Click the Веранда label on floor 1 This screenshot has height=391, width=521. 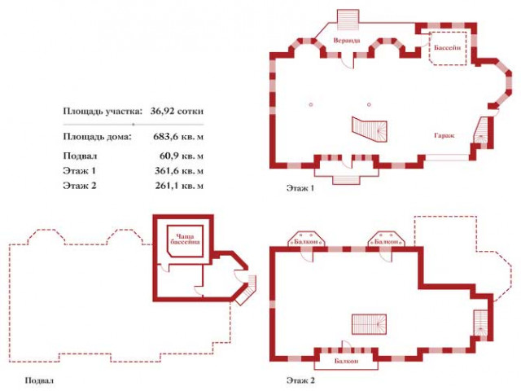(347, 41)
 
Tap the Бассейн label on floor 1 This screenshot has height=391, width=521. (448, 47)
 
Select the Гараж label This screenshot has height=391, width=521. (444, 135)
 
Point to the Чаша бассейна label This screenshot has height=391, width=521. (185, 239)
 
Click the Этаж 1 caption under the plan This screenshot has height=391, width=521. (300, 188)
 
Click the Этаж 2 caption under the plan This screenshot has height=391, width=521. (300, 380)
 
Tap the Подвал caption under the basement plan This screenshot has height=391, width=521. (39, 380)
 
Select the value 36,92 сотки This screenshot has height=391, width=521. (177, 111)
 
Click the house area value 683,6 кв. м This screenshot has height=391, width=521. (178, 136)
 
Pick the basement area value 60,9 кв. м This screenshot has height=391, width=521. (182, 156)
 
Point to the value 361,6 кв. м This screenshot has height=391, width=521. (179, 171)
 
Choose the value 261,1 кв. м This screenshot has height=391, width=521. (179, 186)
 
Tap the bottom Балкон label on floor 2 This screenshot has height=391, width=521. (347, 361)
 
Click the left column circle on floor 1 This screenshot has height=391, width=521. (311, 105)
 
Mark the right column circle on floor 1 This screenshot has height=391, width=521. (369, 105)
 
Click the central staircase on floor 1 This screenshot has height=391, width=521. (370, 130)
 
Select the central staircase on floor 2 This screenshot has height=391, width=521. (369, 324)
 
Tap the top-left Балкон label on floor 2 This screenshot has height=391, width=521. (306, 242)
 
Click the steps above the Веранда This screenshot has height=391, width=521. (348, 20)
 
